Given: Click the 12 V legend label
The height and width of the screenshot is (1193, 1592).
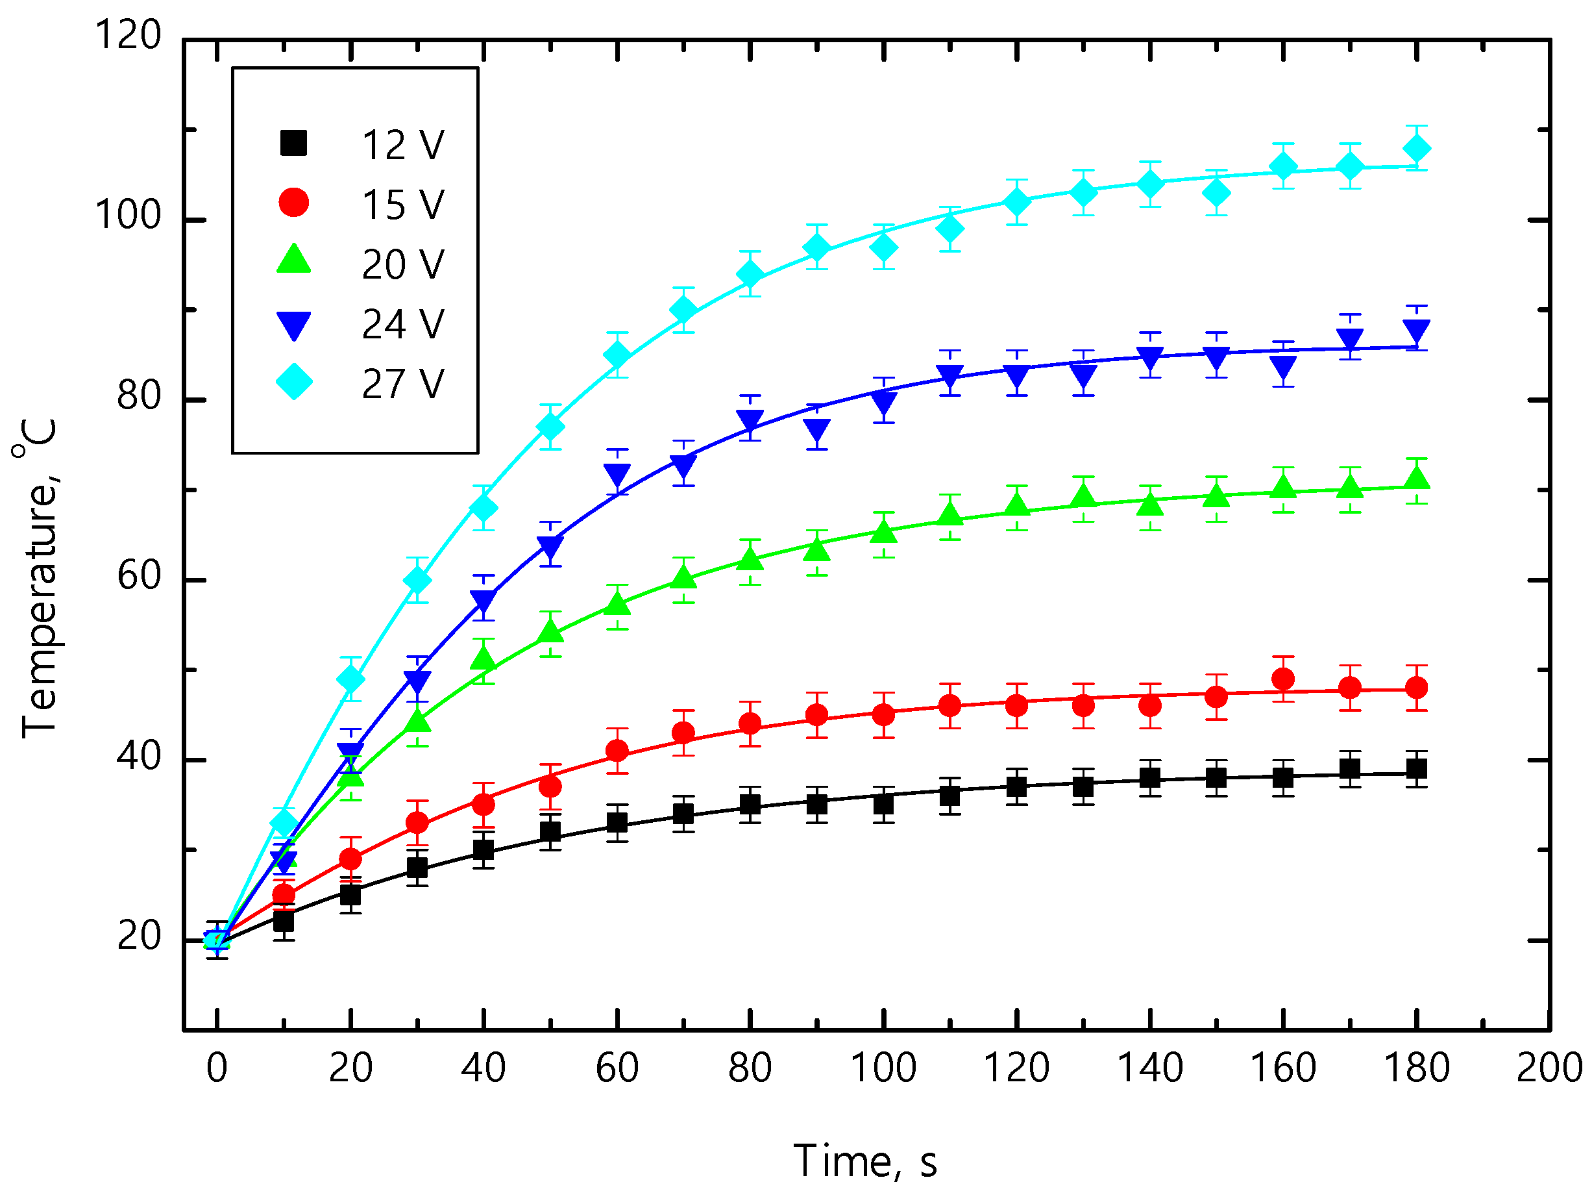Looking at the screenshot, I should (x=402, y=145).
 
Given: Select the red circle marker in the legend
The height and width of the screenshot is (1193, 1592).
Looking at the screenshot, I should (x=293, y=203).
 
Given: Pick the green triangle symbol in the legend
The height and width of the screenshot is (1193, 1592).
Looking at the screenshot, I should (x=293, y=260).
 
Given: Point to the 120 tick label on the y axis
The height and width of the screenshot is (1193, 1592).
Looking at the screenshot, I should (x=127, y=34).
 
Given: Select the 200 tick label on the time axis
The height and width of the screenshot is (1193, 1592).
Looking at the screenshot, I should (x=1548, y=1068).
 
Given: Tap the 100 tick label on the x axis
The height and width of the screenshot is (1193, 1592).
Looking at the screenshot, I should (x=883, y=1068).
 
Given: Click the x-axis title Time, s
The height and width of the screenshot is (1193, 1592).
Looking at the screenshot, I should (x=865, y=1161).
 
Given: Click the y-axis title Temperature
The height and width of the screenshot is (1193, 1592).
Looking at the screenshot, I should (x=38, y=579).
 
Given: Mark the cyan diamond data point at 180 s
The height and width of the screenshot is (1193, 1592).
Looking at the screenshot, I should (x=1416, y=149).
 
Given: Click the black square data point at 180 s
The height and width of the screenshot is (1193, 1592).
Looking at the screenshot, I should (x=1416, y=768).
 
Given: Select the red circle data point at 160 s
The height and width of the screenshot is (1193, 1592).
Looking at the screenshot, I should (x=1283, y=678).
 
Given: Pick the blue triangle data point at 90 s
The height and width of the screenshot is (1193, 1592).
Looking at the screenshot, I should (x=817, y=431).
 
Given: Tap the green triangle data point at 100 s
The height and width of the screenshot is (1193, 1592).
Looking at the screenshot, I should (x=883, y=532).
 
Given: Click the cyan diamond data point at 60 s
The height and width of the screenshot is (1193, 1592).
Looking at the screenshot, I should (x=617, y=355).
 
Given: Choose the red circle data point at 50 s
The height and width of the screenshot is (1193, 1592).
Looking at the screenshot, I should (x=550, y=786).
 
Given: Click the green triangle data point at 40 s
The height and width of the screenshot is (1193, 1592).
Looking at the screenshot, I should (x=484, y=658).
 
